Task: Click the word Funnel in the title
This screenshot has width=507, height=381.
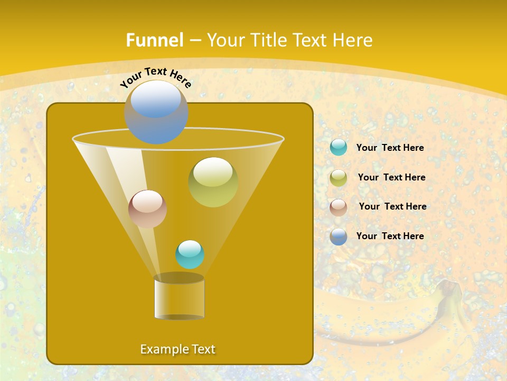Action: point(155,40)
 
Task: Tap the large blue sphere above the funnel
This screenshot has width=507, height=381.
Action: point(156,112)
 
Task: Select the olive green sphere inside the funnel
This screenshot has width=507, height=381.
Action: point(213,182)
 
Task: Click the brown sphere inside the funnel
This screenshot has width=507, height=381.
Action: point(148,209)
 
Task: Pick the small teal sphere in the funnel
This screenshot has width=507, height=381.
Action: point(190,255)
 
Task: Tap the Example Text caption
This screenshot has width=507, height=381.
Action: point(177,349)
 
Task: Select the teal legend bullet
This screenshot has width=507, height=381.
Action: point(339,148)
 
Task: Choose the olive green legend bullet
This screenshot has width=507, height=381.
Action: point(339,178)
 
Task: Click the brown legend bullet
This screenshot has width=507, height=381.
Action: point(339,207)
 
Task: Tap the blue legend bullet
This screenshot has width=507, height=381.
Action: point(339,237)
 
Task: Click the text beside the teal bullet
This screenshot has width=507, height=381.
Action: point(390,148)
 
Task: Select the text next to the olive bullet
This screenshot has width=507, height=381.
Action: point(391,178)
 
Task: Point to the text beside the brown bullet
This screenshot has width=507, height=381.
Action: point(392,207)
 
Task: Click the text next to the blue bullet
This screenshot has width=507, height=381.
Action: point(390,237)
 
